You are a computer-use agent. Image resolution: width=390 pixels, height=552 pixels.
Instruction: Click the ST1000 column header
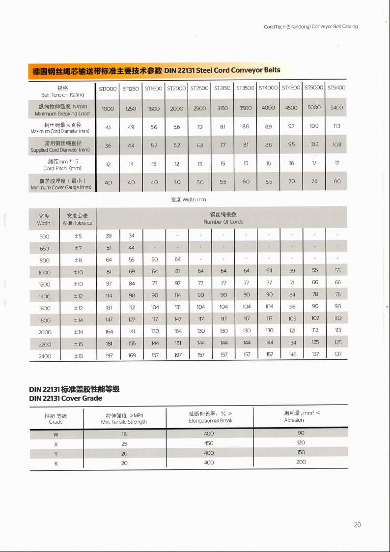pyautogui.click(x=108, y=88)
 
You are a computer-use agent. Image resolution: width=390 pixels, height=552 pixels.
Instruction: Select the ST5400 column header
pyautogui.click(x=336, y=88)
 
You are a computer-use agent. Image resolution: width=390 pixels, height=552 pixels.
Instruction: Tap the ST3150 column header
pyautogui.click(x=223, y=88)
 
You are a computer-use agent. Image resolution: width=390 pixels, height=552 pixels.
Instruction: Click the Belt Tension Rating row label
pyautogui.click(x=62, y=91)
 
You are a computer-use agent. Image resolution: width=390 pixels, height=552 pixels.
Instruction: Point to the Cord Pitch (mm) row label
pyautogui.click(x=62, y=165)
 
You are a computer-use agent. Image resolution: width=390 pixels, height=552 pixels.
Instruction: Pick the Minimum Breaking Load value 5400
pyautogui.click(x=336, y=108)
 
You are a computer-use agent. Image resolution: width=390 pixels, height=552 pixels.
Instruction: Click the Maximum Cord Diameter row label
pyautogui.click(x=60, y=128)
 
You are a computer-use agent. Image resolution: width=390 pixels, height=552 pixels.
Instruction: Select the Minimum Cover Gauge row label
pyautogui.click(x=61, y=184)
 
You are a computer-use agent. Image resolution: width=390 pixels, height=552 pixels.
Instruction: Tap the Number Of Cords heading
pyautogui.click(x=223, y=218)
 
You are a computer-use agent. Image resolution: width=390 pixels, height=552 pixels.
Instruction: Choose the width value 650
pyautogui.click(x=44, y=248)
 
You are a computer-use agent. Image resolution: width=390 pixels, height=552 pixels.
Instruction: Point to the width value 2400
pyautogui.click(x=44, y=356)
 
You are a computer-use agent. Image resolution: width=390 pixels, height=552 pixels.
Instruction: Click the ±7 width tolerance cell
pyautogui.click(x=78, y=248)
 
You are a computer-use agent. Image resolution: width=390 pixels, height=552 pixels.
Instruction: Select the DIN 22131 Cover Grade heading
pyautogui.click(x=66, y=398)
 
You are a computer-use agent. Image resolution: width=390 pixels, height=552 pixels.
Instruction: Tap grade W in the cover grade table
pyautogui.click(x=56, y=435)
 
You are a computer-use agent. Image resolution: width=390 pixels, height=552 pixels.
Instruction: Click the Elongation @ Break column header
pyautogui.click(x=211, y=417)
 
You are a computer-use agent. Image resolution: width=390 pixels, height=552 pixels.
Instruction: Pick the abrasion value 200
pyautogui.click(x=301, y=462)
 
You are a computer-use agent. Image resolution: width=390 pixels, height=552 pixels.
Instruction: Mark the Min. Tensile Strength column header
pyautogui.click(x=124, y=419)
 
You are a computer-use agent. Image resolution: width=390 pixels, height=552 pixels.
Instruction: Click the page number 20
pyautogui.click(x=357, y=525)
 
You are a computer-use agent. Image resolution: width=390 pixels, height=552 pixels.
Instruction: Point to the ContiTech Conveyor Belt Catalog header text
pyautogui.click(x=310, y=26)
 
